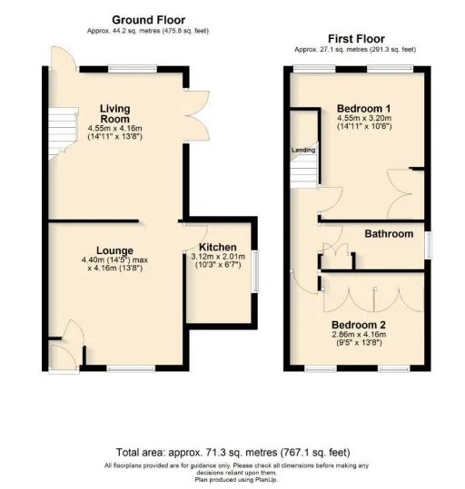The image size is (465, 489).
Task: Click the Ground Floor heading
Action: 148,20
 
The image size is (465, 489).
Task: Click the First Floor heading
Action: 356,39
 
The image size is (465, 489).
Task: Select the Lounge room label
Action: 114,250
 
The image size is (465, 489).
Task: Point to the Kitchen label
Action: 218,248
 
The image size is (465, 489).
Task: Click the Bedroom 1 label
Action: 364,109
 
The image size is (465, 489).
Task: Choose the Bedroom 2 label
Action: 359,325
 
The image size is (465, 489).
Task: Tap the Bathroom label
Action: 389,234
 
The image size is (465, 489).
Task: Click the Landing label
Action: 303,150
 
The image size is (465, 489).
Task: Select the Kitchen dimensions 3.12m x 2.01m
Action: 218,257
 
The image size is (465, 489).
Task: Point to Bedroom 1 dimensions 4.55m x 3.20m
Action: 364,118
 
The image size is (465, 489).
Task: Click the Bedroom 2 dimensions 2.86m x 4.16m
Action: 359,335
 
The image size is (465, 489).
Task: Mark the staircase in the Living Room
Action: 63,133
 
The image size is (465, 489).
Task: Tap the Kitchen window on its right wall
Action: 255,271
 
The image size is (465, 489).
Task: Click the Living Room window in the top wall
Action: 133,69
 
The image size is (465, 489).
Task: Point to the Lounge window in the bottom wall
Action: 131,368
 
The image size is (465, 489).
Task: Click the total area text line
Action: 233,452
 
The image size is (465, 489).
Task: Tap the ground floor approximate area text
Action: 148,31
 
